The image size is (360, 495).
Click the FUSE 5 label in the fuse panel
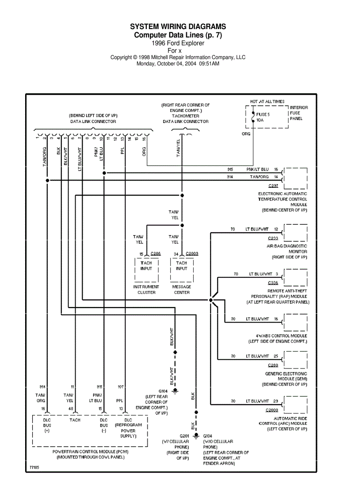coord(263,114)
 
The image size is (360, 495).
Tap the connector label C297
coord(273,186)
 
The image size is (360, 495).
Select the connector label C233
coord(273,238)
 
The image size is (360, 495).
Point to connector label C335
coord(273,283)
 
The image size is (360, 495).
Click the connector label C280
coord(273,365)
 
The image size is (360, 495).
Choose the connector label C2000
coord(272,410)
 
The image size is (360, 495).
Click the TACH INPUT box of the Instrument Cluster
coord(146,266)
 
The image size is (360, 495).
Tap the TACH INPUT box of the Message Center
coord(181,266)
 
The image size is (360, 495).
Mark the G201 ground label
coord(184,435)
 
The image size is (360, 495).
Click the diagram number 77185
coord(34,467)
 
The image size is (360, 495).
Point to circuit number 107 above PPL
coord(120,387)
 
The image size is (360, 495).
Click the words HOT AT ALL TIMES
coord(267,102)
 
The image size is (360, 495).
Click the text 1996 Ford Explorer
coord(178,43)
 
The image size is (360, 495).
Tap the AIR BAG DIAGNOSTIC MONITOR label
coord(287,249)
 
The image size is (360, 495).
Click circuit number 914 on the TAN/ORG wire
coord(229,177)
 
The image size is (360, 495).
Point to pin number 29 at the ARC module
coord(275,401)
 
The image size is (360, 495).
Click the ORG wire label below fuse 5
coord(246,134)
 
